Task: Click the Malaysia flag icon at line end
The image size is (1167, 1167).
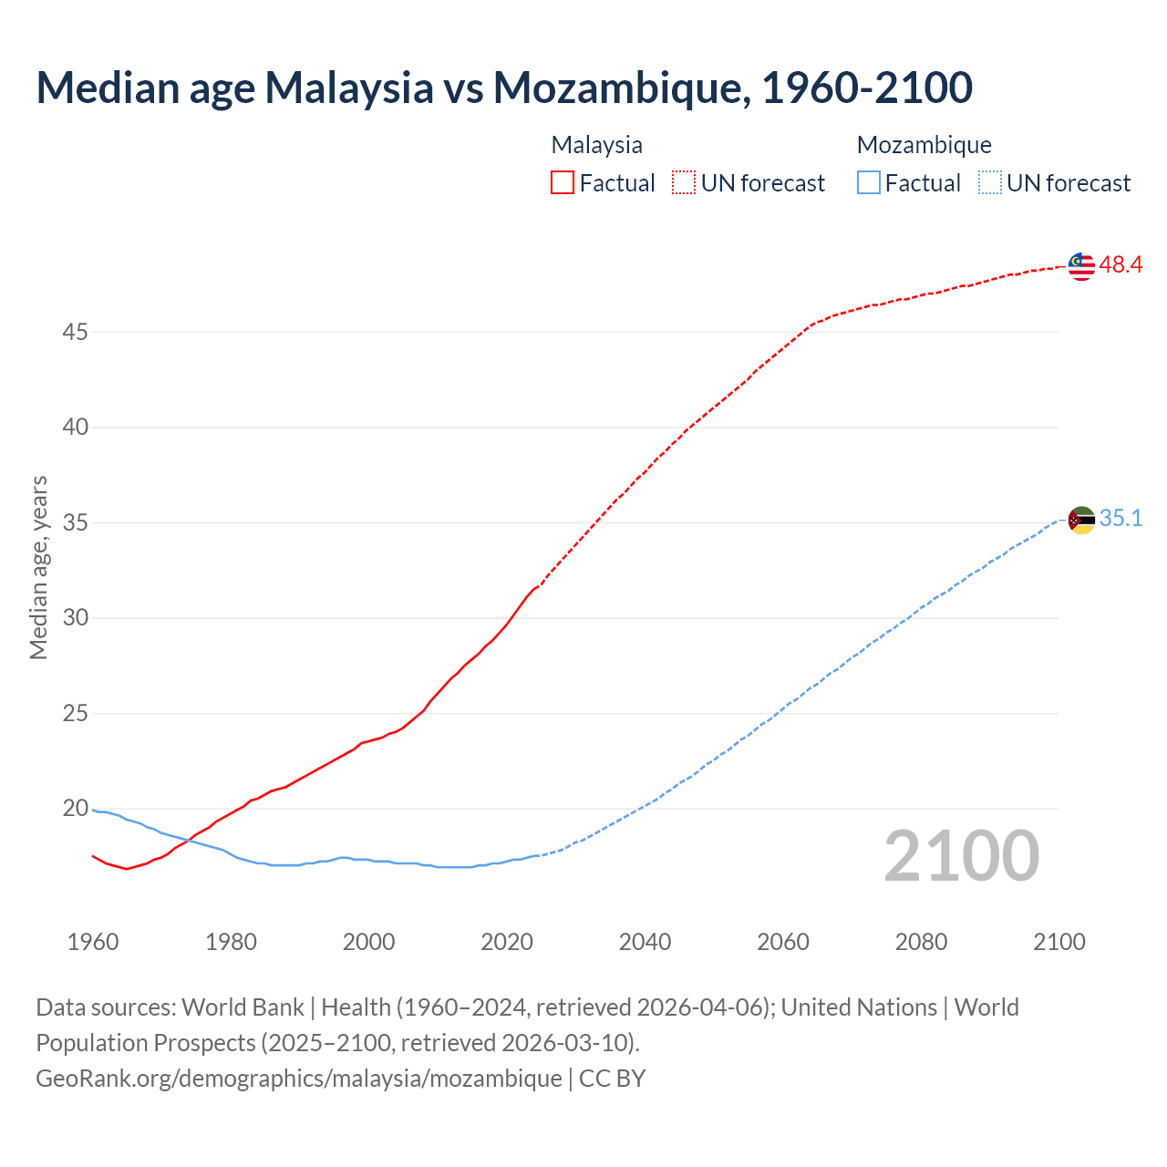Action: click(1081, 266)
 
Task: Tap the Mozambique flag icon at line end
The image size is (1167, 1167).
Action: click(1081, 520)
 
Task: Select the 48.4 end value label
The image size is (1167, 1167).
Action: click(1121, 265)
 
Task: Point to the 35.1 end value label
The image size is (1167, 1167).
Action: click(1121, 519)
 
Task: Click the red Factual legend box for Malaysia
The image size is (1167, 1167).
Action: click(563, 183)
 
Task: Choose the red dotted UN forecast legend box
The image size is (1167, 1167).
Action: click(684, 183)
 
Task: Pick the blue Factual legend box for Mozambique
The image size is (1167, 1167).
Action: click(869, 183)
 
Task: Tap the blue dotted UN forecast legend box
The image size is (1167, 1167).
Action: click(989, 183)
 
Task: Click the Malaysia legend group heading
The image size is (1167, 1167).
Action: click(597, 145)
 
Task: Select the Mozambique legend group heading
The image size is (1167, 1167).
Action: click(924, 145)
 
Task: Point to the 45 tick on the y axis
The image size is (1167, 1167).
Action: click(75, 333)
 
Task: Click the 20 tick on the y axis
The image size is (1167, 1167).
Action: click(75, 809)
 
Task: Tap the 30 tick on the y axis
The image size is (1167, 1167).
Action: click(75, 618)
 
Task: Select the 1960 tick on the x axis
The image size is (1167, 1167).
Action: click(93, 942)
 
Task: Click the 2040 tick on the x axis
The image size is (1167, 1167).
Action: click(645, 942)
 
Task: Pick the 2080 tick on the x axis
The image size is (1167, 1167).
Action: click(921, 942)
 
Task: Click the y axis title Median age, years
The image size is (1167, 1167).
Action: click(38, 567)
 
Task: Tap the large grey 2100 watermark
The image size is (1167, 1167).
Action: click(961, 855)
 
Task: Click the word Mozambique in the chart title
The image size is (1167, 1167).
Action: click(621, 88)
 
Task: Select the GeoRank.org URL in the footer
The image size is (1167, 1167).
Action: click(299, 1079)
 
